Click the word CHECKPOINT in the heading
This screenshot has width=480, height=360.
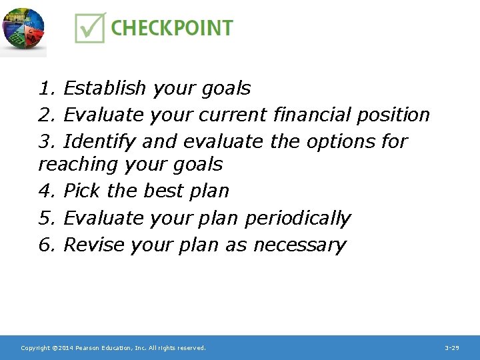(171, 28)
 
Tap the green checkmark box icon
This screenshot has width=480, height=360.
(89, 29)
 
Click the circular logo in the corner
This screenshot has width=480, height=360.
(23, 30)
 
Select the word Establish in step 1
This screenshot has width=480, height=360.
(105, 88)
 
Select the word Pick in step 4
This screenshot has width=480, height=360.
(82, 191)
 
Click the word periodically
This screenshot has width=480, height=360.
(297, 218)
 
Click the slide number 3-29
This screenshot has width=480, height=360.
(451, 348)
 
